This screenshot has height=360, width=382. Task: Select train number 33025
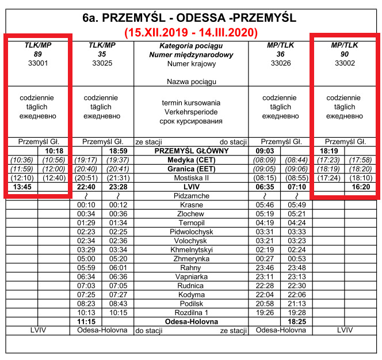pos(102,64)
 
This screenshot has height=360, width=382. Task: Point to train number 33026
pos(281,64)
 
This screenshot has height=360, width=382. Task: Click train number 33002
pos(345,64)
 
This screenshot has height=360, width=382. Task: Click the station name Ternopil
pos(191,222)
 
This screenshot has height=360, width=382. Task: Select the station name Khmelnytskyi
pos(191,249)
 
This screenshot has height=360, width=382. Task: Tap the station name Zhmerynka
pos(191,259)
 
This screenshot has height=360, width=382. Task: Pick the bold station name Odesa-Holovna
pos(191,321)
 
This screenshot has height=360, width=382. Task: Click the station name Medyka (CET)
pos(191,160)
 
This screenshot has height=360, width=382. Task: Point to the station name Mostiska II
pos(191,178)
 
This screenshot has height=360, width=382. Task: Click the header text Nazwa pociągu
pos(191,82)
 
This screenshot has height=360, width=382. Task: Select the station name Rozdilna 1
pos(191,312)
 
